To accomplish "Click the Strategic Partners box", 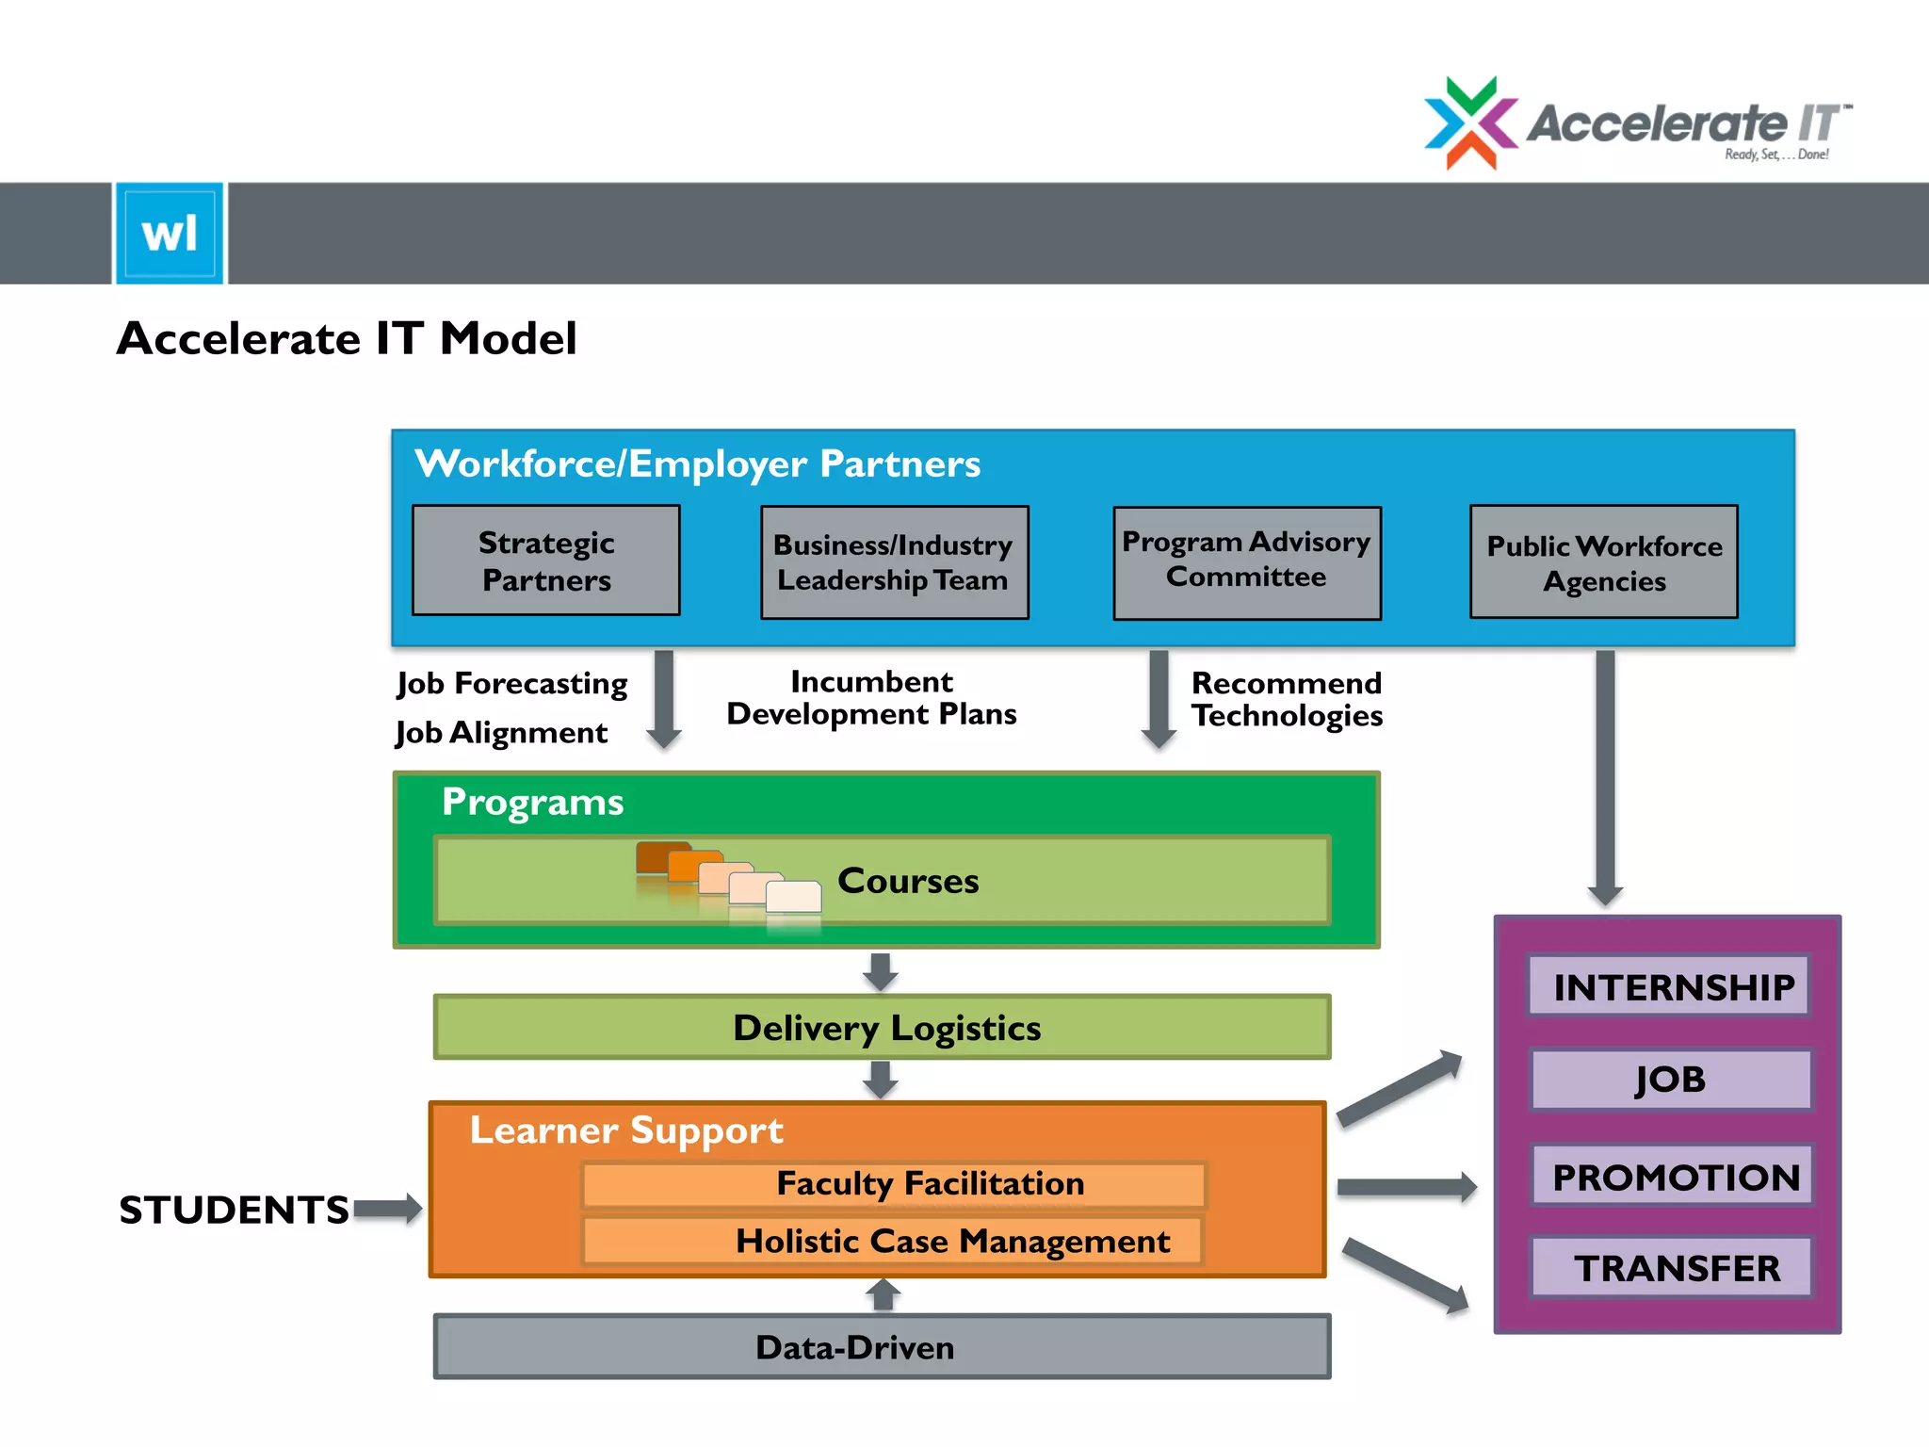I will coord(545,561).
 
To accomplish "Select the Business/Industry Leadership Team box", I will coord(894,562).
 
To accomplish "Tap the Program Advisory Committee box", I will coord(1246,562).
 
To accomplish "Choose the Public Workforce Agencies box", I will coord(1603,562).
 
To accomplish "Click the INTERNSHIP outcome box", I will coord(1668,986).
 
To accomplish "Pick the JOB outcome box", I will coord(1670,1080).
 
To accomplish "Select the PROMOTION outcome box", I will coord(1672,1177).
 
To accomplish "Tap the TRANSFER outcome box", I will coord(1672,1268).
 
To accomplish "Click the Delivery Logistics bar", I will coord(882,1027).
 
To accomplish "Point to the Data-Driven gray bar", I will coord(882,1347).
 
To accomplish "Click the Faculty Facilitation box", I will coord(893,1184).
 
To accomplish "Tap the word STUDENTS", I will coord(234,1210).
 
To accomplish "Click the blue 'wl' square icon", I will coord(170,233).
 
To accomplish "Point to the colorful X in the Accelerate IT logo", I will coord(1470,123).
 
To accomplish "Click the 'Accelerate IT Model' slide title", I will coord(347,338).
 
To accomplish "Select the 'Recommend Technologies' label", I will coord(1286,699).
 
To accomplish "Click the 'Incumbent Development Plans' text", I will coord(871,698).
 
